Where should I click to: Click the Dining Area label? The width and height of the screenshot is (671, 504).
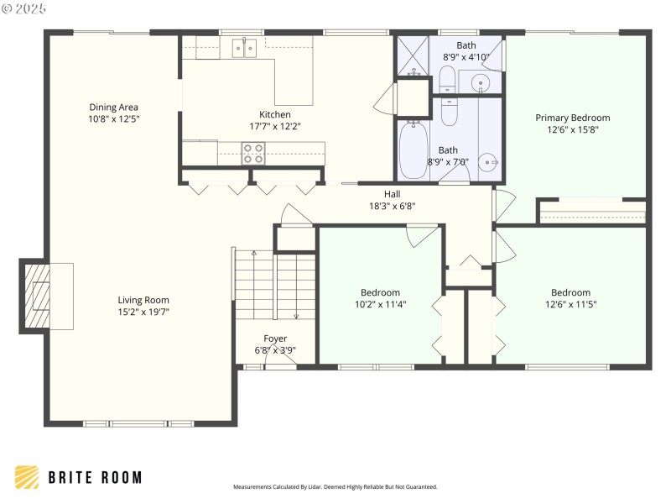point(113,107)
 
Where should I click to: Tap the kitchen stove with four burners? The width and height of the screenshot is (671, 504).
point(253,153)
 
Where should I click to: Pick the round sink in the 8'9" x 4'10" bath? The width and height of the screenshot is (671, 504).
point(480,82)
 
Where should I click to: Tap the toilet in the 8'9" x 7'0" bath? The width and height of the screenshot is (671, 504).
point(450,111)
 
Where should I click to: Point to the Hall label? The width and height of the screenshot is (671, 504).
point(392,194)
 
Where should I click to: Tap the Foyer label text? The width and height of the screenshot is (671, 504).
point(275,339)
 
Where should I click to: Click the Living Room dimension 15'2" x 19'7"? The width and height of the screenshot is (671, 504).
point(143,312)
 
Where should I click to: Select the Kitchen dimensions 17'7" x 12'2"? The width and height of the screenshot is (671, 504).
point(274,127)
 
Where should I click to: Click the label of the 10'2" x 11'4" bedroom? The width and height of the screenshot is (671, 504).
point(380,292)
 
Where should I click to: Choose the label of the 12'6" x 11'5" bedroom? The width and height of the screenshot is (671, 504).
point(570,292)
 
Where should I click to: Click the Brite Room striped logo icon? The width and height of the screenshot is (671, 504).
point(27,477)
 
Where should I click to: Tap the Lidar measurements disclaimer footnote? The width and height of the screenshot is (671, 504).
point(335,486)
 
